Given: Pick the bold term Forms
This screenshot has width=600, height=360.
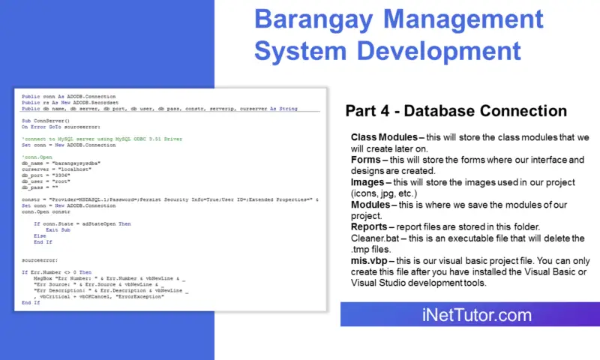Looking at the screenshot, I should (366, 161).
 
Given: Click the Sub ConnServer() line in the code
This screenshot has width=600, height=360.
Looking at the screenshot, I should (41, 121).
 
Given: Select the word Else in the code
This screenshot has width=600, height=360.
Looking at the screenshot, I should (40, 235).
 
